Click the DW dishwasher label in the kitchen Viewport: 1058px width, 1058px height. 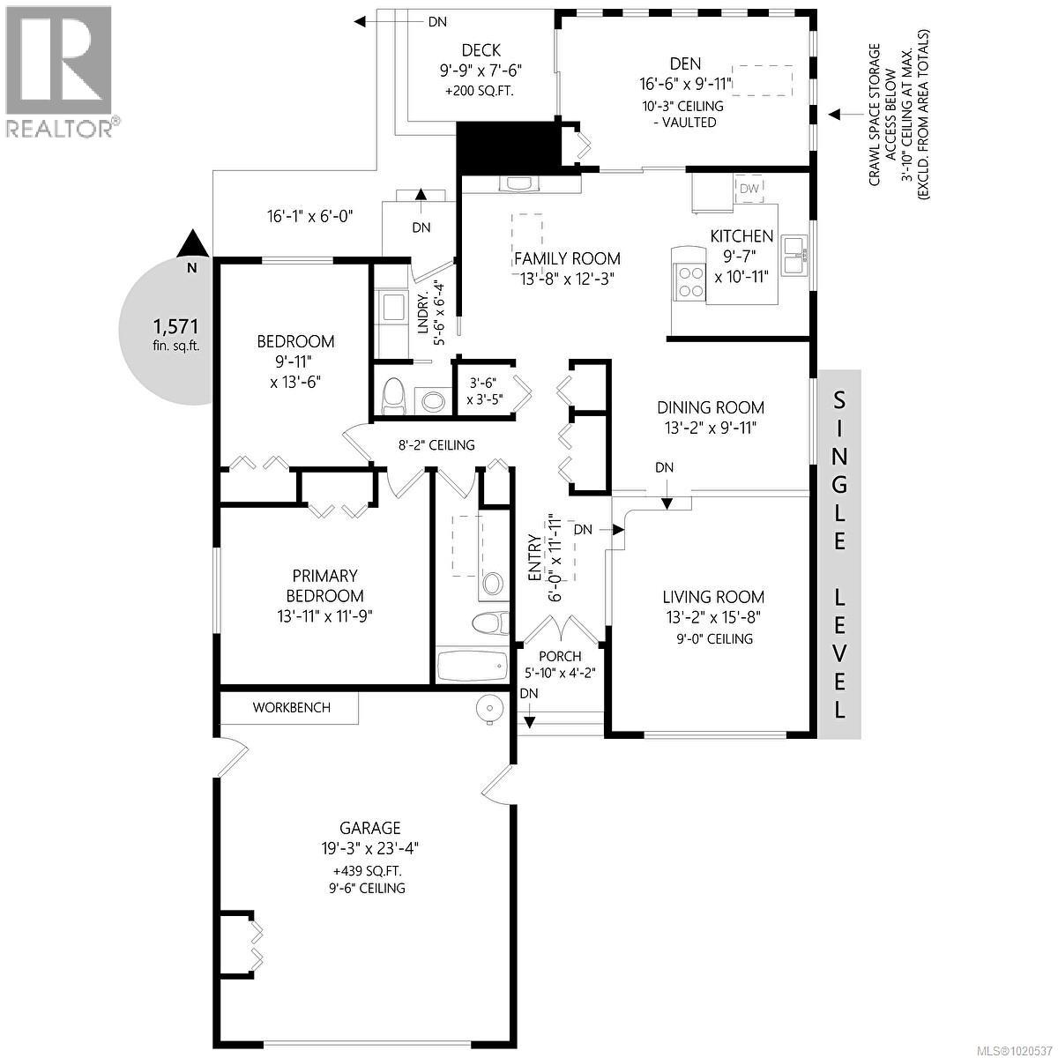click(749, 188)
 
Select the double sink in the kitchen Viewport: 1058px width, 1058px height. click(797, 254)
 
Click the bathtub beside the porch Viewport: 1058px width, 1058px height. click(472, 666)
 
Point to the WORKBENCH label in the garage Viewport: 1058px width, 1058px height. click(291, 707)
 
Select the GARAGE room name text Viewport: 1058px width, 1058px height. click(370, 828)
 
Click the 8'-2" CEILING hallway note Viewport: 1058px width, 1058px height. click(436, 445)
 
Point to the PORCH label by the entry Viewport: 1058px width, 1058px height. click(559, 656)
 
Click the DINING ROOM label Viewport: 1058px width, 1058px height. click(711, 407)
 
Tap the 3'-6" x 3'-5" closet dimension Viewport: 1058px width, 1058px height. click(484, 391)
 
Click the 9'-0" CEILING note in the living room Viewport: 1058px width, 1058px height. click(710, 638)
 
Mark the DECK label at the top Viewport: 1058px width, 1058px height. click(481, 51)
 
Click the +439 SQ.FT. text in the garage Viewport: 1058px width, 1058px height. click(369, 870)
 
